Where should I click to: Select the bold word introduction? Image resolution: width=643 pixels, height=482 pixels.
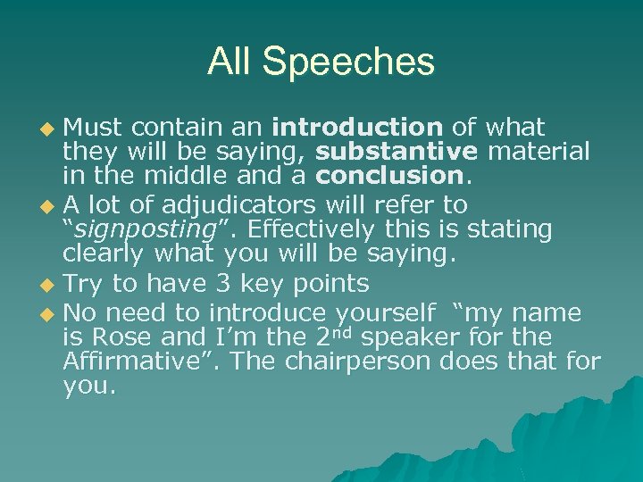[x=358, y=128]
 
